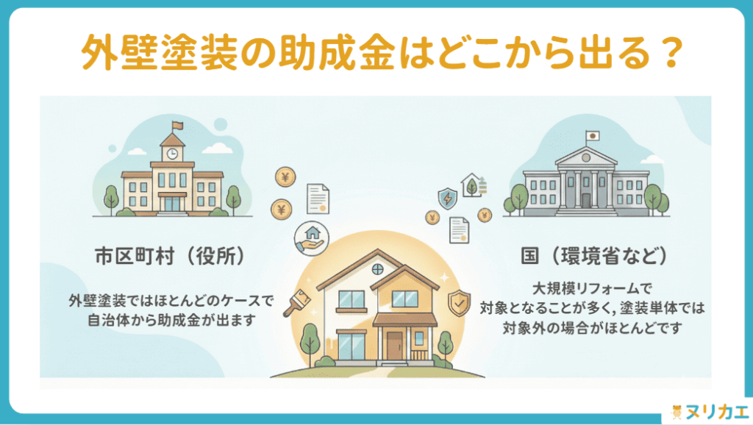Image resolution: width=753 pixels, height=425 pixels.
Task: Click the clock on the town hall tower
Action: [x=172, y=154]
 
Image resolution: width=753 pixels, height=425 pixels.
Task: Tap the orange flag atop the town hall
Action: [x=176, y=126]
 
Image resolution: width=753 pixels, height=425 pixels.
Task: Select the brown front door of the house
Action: [x=395, y=344]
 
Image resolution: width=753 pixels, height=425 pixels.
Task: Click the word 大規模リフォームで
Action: [x=585, y=287]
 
